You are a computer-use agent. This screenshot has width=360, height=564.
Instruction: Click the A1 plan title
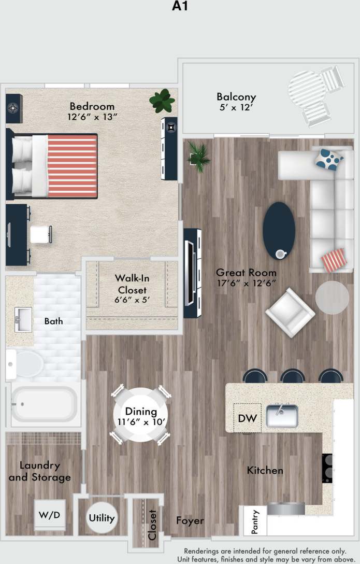[x=180, y=7]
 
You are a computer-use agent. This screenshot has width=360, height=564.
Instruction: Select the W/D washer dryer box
[x=50, y=516]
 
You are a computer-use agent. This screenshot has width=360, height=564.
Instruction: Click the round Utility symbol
[x=102, y=518]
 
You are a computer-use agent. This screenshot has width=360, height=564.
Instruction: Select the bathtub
[x=44, y=404]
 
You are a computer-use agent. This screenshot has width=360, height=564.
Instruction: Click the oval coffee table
[x=279, y=231]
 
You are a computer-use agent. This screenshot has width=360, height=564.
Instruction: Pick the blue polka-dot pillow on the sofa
[x=329, y=159]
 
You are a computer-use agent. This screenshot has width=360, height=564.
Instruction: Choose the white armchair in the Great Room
[x=290, y=313]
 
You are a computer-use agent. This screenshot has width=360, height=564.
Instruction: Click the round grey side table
[x=332, y=297]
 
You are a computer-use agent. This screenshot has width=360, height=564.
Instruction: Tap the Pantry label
[x=255, y=521]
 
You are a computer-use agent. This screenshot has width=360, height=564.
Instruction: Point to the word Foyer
[x=190, y=520]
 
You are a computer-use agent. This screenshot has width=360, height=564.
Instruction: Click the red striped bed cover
[x=71, y=166]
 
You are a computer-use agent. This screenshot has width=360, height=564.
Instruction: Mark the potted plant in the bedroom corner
[x=162, y=101]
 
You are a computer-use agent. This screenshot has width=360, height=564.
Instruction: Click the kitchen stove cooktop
[x=327, y=468]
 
